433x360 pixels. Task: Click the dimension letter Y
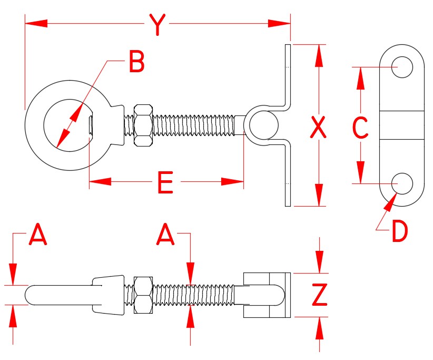(x=155, y=24)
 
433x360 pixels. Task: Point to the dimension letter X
(x=318, y=127)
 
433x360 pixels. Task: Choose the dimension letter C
(x=360, y=128)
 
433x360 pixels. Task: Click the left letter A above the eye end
(x=38, y=235)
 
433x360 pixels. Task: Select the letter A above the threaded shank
(x=165, y=235)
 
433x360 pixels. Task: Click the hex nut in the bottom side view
(x=144, y=295)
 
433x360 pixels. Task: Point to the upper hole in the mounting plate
(x=402, y=67)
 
